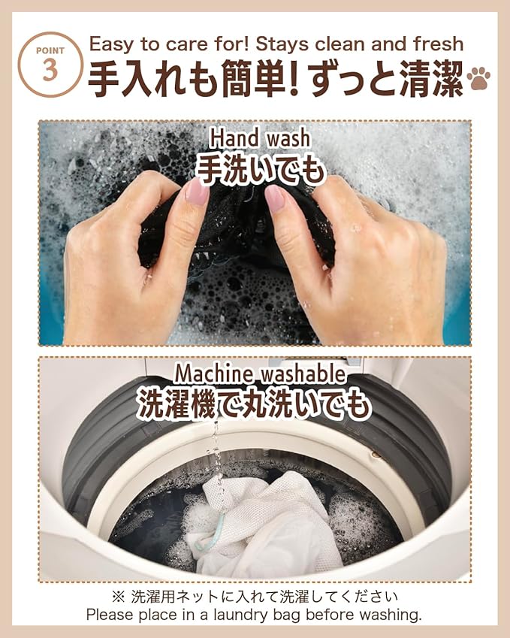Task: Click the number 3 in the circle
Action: (x=50, y=71)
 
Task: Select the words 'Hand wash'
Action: (x=259, y=138)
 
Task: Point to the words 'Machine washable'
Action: (x=260, y=373)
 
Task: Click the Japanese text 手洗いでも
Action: (x=261, y=169)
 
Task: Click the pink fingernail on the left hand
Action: (x=198, y=192)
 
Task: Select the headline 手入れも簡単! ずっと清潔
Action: (x=275, y=80)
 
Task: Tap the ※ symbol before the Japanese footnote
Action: (x=119, y=597)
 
